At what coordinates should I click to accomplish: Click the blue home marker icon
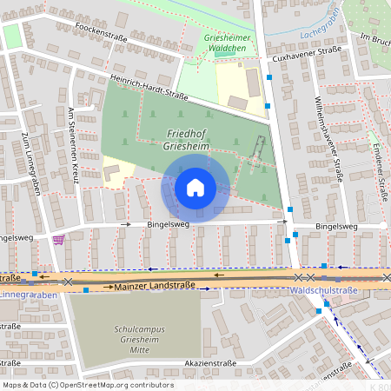click(195, 187)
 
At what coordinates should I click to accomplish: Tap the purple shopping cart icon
click(58, 240)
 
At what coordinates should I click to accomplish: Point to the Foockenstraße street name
click(102, 33)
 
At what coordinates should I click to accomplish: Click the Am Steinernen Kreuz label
click(73, 145)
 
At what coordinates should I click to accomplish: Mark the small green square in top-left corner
click(11, 36)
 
